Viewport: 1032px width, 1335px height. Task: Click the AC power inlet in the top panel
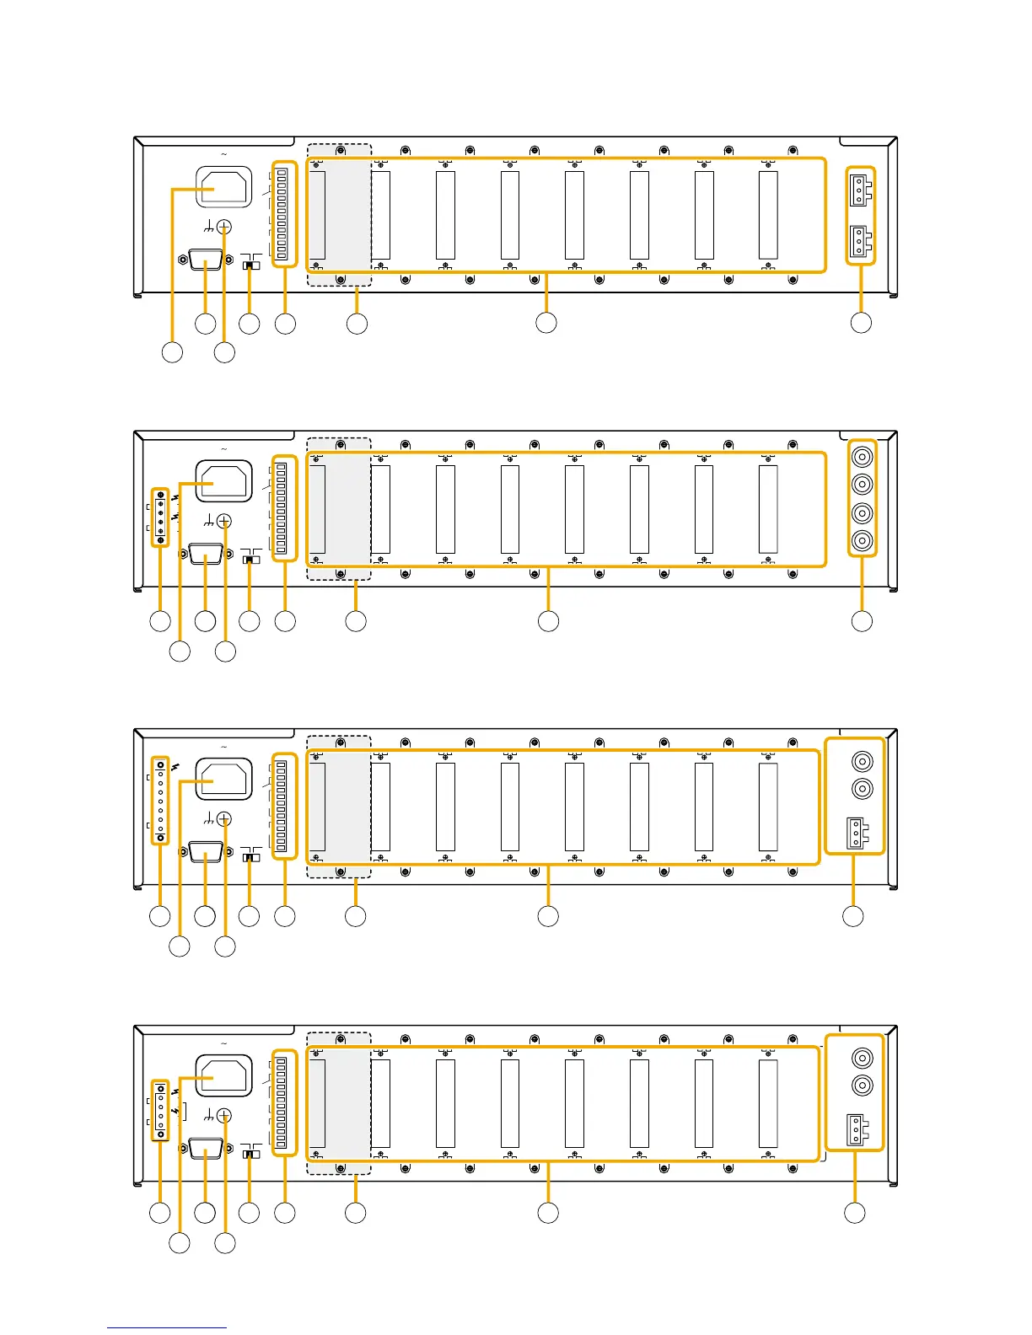pos(224,186)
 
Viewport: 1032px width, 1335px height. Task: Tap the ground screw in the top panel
pos(224,227)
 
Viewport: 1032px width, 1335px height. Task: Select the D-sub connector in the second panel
pos(206,555)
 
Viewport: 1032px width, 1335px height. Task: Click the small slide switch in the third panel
pos(250,856)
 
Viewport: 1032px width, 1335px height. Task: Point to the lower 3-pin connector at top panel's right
pos(859,241)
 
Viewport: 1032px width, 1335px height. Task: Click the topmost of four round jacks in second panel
pos(862,458)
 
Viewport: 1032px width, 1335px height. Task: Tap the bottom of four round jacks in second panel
pos(862,540)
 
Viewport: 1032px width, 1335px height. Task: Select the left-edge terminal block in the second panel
pos(160,517)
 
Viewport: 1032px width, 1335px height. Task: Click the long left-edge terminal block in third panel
pos(160,801)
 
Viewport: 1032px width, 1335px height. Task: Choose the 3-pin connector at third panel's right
pos(855,833)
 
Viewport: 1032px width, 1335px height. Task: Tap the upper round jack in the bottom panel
pos(862,1058)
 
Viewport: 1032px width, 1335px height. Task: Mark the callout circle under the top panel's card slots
pos(546,322)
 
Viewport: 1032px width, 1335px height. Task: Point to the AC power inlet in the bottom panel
pos(224,1075)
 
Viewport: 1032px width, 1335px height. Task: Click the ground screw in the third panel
pos(224,818)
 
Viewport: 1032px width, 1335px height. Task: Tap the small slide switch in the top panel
pos(250,265)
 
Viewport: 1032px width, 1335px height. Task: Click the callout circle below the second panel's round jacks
pos(862,621)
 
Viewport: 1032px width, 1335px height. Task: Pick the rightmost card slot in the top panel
pos(768,215)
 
